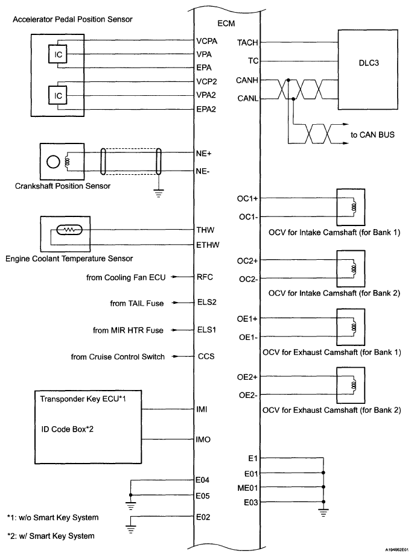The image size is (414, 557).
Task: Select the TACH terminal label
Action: (x=248, y=43)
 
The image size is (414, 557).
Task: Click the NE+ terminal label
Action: (x=203, y=153)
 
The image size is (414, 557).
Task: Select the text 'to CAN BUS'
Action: (x=373, y=135)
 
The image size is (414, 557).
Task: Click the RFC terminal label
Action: (x=205, y=277)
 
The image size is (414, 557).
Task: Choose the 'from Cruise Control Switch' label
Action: (x=118, y=357)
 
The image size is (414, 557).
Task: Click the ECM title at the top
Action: (x=225, y=23)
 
